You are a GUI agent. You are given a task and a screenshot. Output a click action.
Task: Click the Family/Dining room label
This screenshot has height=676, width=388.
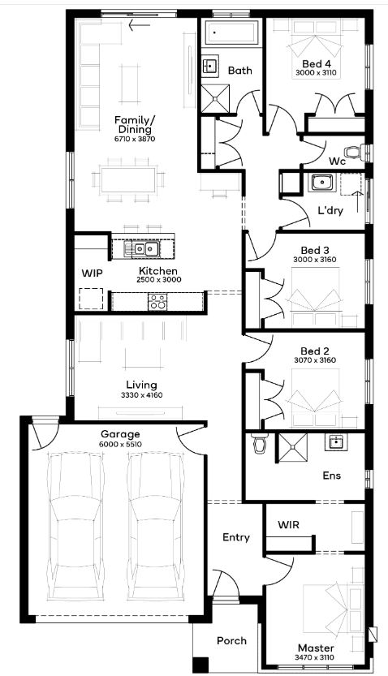coord(134,124)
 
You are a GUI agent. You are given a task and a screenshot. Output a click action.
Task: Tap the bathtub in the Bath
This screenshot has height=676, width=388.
coord(231,32)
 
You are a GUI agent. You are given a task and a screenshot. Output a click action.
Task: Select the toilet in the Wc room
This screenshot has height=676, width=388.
coord(356,153)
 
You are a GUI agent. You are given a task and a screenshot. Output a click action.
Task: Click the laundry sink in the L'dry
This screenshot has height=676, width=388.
coord(321,183)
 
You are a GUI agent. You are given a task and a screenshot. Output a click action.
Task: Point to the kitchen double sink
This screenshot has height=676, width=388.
coord(142,249)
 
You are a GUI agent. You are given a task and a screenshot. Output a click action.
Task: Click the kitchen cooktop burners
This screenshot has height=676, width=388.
coord(157,301)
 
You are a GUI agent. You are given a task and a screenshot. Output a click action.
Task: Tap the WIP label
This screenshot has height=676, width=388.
coord(92,273)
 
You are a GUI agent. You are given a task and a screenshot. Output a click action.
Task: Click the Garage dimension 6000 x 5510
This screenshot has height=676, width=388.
coord(120,445)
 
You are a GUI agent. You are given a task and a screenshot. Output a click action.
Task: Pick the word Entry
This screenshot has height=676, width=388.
coord(236,537)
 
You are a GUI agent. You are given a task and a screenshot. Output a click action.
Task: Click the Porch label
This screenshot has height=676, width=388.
coord(231,640)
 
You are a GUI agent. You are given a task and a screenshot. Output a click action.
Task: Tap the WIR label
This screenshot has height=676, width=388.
coord(288,525)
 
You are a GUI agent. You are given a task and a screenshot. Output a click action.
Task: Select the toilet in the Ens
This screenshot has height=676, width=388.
coord(259,444)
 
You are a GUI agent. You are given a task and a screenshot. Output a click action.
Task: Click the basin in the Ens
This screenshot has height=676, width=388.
coord(337,442)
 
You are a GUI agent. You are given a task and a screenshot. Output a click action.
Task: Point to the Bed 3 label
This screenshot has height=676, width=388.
coord(315,251)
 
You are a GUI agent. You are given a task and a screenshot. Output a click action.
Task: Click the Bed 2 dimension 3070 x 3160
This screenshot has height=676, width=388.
coord(315,360)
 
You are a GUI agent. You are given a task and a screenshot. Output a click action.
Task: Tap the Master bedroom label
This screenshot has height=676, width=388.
coord(316,648)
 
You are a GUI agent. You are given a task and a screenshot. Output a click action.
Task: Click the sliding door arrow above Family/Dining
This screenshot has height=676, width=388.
coord(140,25)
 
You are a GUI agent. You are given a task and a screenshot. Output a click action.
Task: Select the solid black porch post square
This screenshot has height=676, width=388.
coord(200,664)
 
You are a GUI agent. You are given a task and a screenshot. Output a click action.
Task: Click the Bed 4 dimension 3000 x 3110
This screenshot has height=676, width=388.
coord(316,73)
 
